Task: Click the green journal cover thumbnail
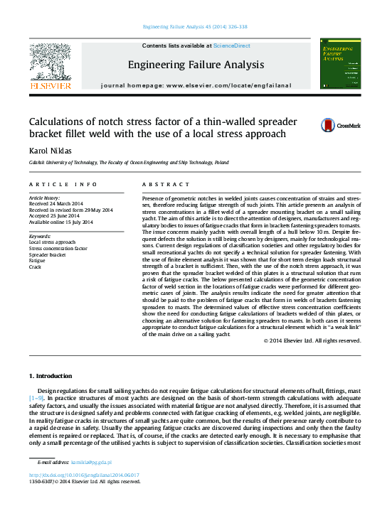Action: click(340, 64)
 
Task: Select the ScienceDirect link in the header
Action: click(232, 45)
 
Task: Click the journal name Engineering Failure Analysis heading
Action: click(195, 65)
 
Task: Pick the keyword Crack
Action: click(35, 266)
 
